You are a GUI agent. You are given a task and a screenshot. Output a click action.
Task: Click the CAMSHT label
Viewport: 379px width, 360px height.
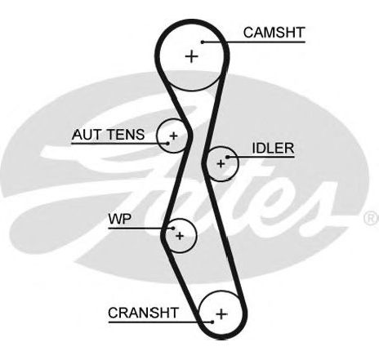click(274, 33)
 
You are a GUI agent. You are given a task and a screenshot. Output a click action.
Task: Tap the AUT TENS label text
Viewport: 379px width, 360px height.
click(108, 135)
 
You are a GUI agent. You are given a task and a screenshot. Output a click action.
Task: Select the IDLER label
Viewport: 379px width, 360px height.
click(273, 149)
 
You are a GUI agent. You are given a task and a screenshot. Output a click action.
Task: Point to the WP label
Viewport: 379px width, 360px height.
click(120, 219)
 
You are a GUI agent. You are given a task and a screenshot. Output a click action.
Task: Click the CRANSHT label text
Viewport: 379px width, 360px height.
click(143, 313)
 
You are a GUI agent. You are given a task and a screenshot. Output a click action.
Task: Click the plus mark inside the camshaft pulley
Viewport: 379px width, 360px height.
click(192, 56)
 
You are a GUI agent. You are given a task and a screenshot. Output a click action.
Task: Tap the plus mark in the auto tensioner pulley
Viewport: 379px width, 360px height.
click(173, 136)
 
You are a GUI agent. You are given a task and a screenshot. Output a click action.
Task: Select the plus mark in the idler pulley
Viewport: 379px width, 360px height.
click(221, 164)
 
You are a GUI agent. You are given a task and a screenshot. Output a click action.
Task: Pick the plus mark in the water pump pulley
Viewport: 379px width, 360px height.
click(180, 236)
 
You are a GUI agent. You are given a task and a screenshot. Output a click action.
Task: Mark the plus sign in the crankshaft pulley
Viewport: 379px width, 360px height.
click(221, 314)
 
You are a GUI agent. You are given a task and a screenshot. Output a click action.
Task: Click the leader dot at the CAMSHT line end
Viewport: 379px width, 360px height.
click(203, 42)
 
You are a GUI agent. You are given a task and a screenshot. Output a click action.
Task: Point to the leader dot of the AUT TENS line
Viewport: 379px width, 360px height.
click(167, 143)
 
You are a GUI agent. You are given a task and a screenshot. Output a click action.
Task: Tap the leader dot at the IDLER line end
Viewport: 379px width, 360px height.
click(227, 157)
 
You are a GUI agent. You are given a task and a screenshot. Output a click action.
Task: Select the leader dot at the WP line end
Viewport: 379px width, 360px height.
click(172, 228)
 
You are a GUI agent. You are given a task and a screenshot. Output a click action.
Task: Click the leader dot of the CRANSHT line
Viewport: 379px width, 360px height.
click(212, 322)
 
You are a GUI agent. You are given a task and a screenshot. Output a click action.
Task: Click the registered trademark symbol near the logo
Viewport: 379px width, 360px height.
click(372, 219)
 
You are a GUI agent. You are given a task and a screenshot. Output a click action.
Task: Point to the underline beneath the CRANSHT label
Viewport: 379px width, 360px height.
click(160, 322)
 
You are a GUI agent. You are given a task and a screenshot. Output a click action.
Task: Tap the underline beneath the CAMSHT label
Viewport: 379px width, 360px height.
click(254, 42)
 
